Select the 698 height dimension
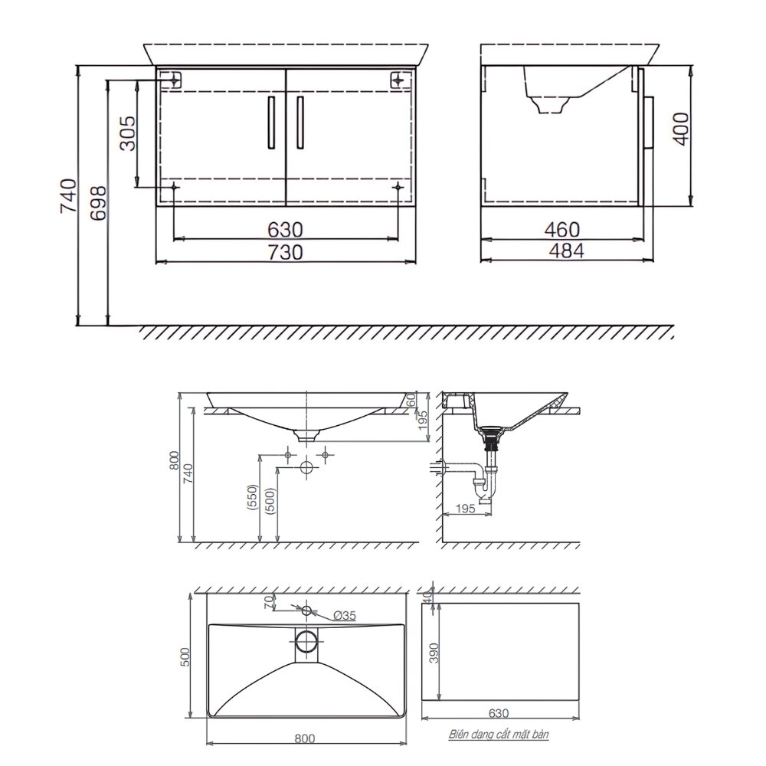tap(98, 203)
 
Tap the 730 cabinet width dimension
tap(285, 251)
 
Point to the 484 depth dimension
tap(565, 250)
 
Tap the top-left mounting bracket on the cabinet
tap(174, 79)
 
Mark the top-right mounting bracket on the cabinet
tap(398, 79)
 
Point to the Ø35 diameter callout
tap(345, 615)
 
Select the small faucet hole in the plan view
tap(307, 611)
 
